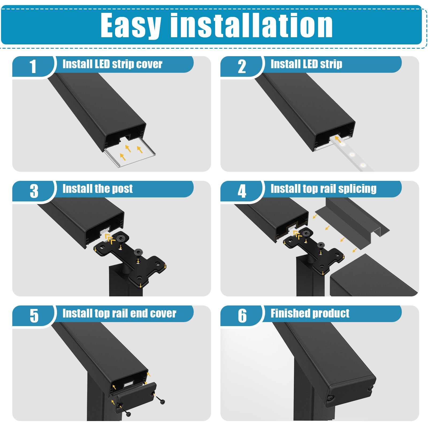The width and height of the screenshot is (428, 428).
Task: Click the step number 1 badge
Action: pyautogui.click(x=33, y=66)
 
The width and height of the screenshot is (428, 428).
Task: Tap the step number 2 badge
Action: pyautogui.click(x=242, y=66)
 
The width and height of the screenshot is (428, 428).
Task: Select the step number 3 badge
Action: pyautogui.click(x=34, y=191)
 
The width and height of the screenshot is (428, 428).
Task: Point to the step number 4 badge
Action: pyautogui.click(x=242, y=191)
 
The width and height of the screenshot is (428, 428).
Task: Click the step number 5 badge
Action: pyautogui.click(x=34, y=316)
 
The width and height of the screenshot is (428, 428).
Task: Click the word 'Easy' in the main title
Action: pyautogui.click(x=131, y=26)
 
